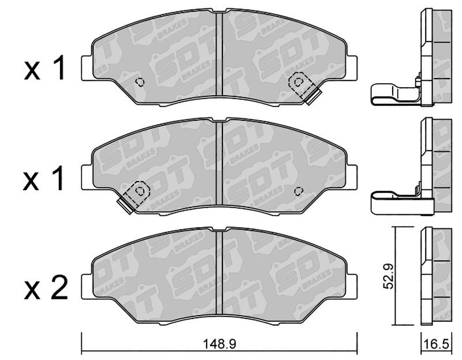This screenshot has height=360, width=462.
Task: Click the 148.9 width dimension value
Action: [x=219, y=344]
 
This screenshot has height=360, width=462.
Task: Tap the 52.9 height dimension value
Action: [x=389, y=276]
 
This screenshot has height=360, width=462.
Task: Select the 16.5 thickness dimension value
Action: [x=436, y=344]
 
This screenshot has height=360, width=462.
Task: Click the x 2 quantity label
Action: [x=46, y=288]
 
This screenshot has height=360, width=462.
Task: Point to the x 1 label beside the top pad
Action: [x=44, y=69]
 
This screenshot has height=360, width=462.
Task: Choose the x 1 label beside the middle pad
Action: [x=44, y=179]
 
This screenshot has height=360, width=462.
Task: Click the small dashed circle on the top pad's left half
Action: [x=140, y=81]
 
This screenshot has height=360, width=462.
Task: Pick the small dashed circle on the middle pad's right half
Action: [x=299, y=191]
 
